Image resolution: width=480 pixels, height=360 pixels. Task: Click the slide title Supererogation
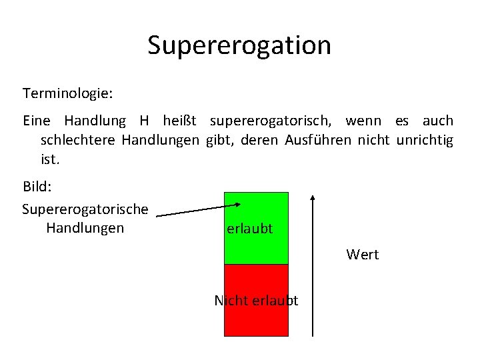pyautogui.click(x=239, y=45)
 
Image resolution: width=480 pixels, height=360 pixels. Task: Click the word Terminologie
pyautogui.click(x=67, y=93)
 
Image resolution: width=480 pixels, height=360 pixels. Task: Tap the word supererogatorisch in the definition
pyautogui.click(x=273, y=121)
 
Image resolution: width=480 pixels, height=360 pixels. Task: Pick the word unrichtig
pyautogui.click(x=425, y=141)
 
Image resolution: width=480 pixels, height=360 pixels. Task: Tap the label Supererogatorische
pyautogui.click(x=85, y=209)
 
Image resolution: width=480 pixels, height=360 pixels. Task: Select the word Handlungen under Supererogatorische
pyautogui.click(x=85, y=229)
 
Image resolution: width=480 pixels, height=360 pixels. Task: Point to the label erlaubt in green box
pyautogui.click(x=250, y=229)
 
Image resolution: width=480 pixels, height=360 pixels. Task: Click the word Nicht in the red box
pyautogui.click(x=226, y=301)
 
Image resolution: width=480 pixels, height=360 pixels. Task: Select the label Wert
pyautogui.click(x=363, y=255)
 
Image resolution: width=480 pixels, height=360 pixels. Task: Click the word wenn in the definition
pyautogui.click(x=364, y=121)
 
